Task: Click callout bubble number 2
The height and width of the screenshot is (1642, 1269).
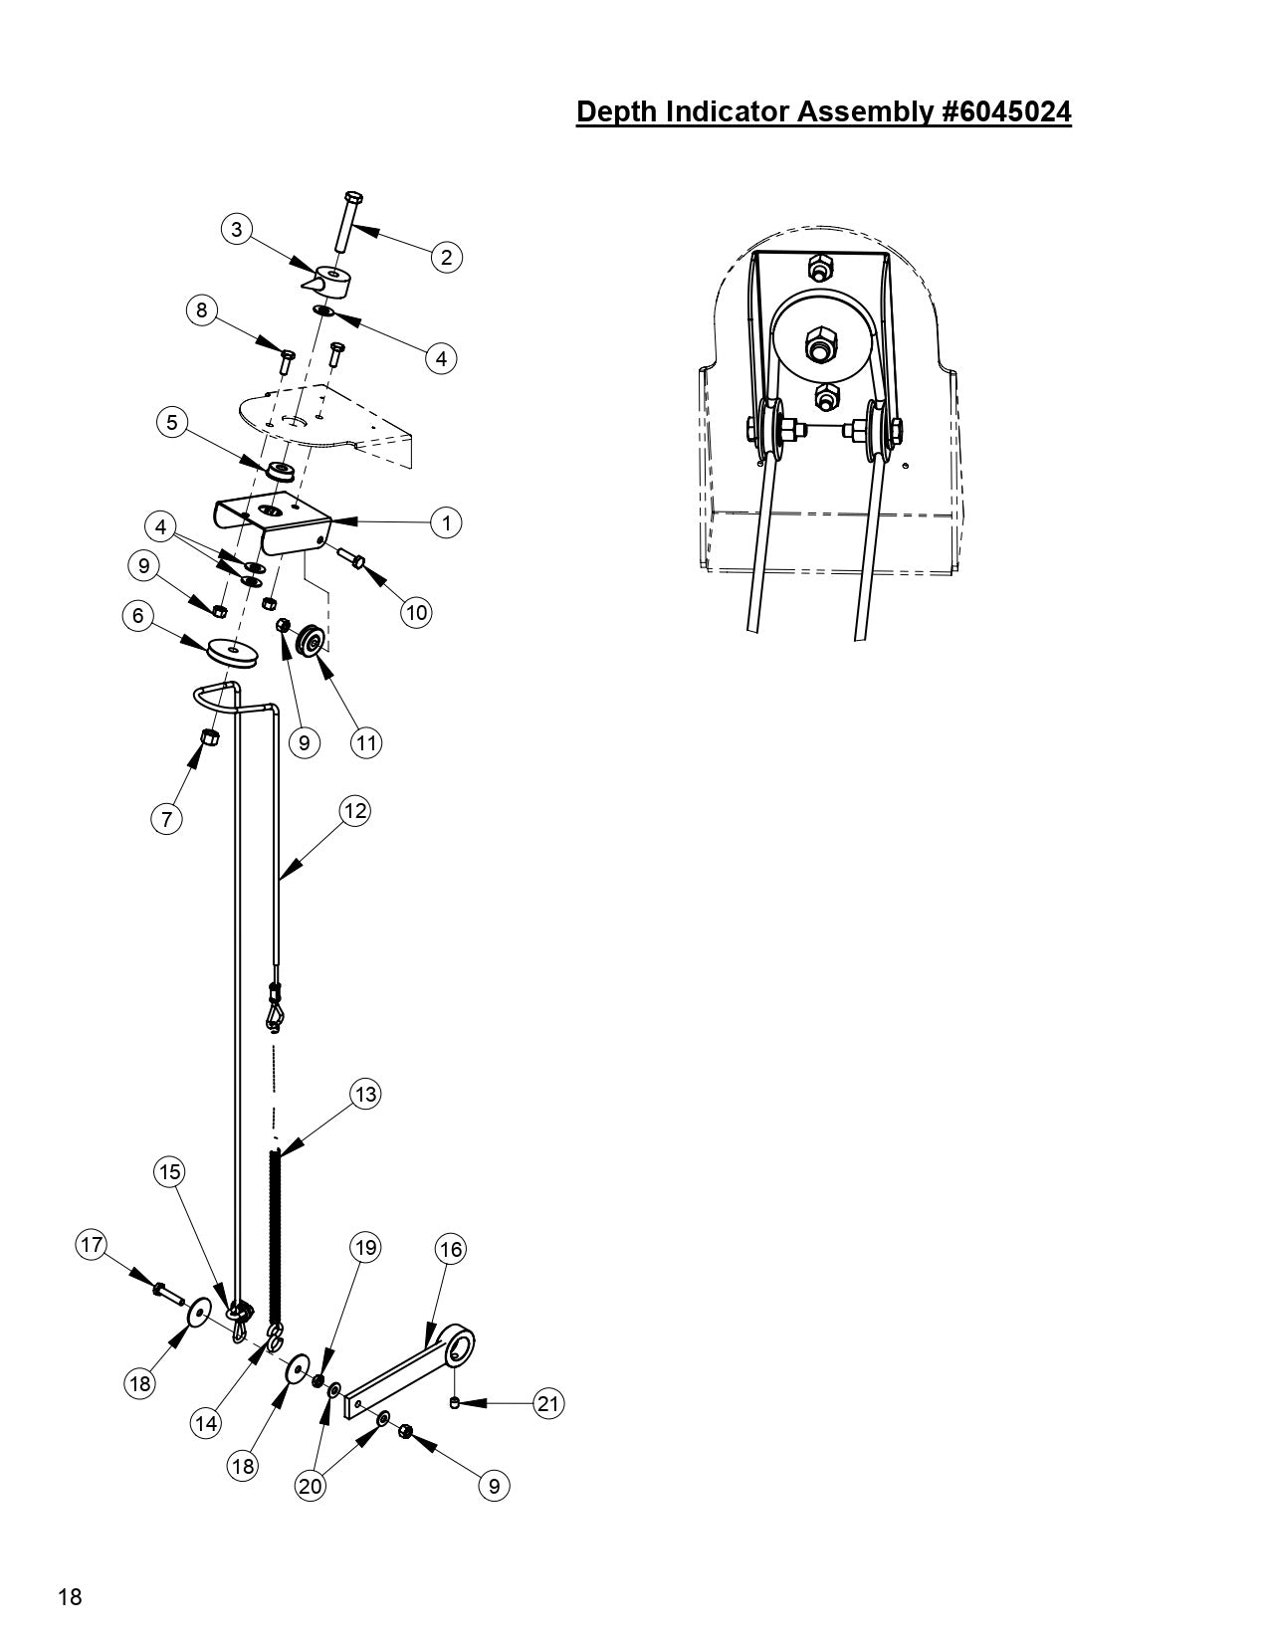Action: pos(447,257)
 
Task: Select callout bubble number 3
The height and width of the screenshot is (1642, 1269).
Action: pos(236,229)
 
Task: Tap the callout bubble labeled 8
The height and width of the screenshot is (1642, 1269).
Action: pos(202,310)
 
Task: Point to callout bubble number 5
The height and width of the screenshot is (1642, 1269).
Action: pos(172,422)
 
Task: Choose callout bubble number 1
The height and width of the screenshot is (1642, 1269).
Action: pos(447,521)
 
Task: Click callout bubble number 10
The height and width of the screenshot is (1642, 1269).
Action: pos(416,612)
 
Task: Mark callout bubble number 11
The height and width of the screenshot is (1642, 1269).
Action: pos(367,742)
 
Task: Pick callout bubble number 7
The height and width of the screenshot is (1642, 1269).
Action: pos(166,819)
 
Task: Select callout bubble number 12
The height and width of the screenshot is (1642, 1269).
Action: pos(354,810)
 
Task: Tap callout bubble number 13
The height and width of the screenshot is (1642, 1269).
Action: pos(365,1094)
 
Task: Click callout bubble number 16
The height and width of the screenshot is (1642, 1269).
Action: pos(450,1249)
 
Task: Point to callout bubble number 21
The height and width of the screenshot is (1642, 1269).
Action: pos(547,1403)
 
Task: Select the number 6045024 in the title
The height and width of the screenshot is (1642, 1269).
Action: pos(1005,111)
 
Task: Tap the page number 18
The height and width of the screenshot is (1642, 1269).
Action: pos(70,1598)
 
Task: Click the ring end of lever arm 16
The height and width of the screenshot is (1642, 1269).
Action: pos(461,1348)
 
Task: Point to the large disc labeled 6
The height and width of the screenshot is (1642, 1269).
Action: pos(232,653)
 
